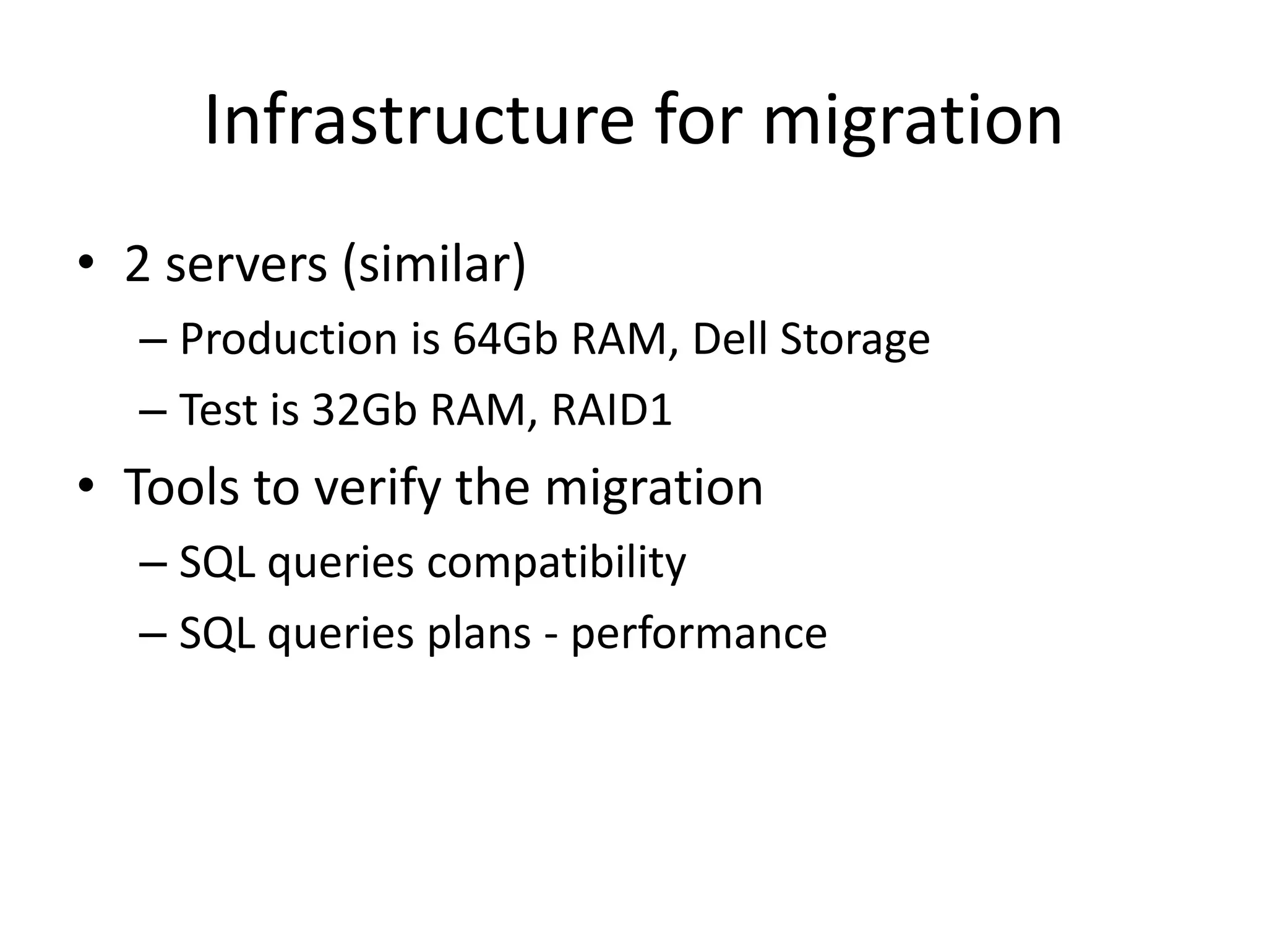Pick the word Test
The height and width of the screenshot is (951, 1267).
218,410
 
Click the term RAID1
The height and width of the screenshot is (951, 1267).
611,410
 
